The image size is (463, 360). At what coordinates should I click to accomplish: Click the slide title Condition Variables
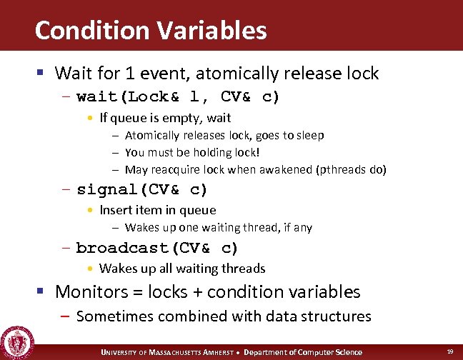point(150,30)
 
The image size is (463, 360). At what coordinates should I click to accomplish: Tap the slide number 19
point(450,351)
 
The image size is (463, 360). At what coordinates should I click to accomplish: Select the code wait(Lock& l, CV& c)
point(178,96)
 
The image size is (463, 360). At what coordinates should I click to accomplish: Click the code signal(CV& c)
point(141,189)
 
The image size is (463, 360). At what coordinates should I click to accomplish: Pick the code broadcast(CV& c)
point(157,248)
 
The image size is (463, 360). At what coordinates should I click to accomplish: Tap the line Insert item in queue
point(157,210)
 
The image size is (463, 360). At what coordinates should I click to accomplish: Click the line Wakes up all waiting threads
point(182,269)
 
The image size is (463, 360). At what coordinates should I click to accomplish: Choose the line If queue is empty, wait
point(165,118)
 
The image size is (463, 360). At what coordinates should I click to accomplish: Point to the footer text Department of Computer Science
point(303,352)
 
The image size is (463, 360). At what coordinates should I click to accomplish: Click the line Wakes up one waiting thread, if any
point(219,228)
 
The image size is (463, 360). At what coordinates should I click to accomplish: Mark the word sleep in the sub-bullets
point(309,135)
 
